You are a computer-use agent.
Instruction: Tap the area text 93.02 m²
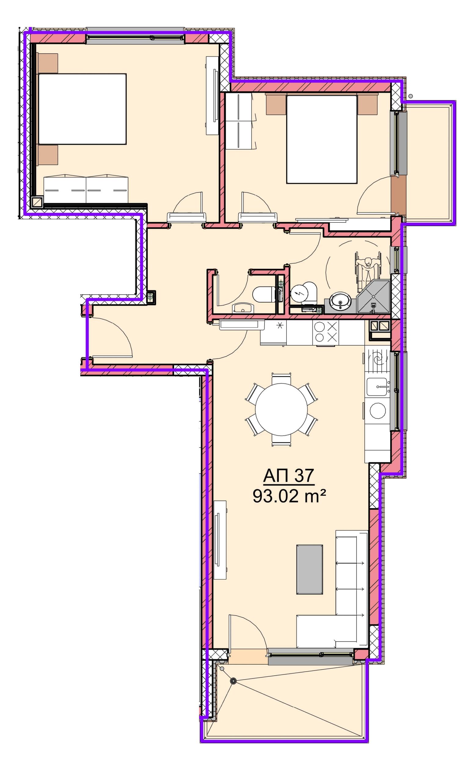tap(289, 496)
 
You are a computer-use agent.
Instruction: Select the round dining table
tap(281, 410)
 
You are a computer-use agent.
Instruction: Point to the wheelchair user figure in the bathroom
tap(368, 270)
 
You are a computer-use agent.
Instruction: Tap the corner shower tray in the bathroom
tap(373, 296)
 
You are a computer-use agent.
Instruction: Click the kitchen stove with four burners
tap(326, 332)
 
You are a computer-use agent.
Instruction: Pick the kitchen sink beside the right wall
tap(377, 387)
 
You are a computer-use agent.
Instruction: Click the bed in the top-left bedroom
tap(82, 109)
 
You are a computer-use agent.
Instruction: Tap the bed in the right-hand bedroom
tap(322, 139)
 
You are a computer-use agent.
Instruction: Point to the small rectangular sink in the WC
tap(243, 308)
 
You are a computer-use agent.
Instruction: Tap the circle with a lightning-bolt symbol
tap(299, 293)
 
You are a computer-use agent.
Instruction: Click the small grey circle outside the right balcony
tap(411, 96)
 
